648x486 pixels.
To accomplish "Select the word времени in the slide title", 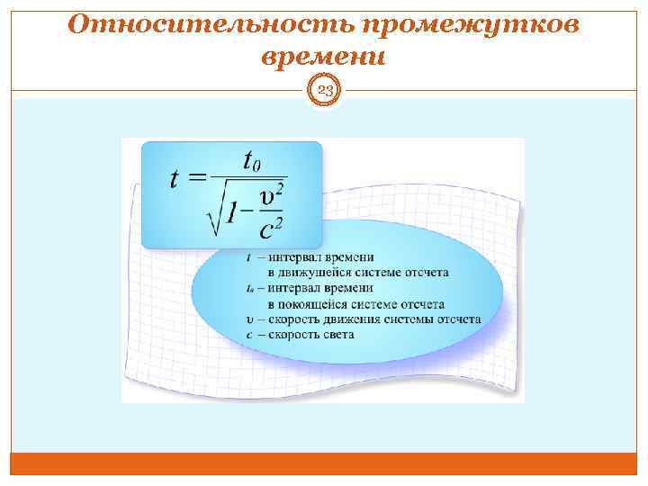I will (323, 57).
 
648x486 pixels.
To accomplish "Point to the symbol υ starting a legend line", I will (248, 319).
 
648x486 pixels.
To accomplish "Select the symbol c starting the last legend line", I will (248, 334).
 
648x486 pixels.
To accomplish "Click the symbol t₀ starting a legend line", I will (249, 288).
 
